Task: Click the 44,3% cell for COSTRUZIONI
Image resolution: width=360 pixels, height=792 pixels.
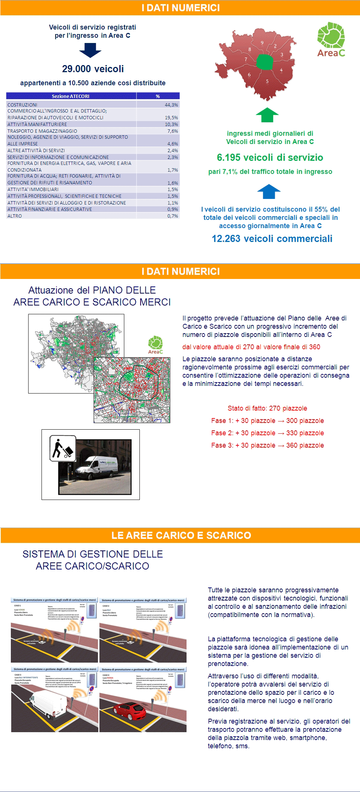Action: (x=171, y=105)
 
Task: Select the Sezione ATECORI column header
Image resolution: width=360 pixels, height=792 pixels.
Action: (x=71, y=96)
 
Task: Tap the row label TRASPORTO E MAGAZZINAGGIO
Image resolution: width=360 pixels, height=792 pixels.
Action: (x=42, y=131)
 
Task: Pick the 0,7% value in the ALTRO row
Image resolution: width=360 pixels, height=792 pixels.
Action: (x=172, y=216)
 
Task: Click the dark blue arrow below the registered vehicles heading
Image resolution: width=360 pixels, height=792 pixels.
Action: (x=90, y=50)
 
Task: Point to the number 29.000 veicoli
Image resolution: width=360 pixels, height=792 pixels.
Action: (x=93, y=69)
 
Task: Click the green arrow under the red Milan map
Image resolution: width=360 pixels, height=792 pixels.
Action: (x=267, y=115)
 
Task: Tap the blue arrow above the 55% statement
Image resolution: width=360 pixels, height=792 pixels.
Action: (x=269, y=191)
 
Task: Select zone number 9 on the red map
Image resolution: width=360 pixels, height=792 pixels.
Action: (x=262, y=43)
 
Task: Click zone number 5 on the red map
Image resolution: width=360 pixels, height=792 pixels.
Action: (x=267, y=81)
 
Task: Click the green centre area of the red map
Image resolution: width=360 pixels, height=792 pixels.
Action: (x=265, y=62)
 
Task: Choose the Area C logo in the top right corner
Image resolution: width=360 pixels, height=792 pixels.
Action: (x=331, y=40)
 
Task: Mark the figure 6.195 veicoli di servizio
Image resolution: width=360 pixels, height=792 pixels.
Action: (x=270, y=157)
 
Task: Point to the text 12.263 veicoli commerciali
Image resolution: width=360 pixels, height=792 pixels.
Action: (x=272, y=239)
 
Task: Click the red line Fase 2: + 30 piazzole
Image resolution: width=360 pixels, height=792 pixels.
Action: (x=267, y=433)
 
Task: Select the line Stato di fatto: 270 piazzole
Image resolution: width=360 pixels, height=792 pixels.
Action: (x=267, y=408)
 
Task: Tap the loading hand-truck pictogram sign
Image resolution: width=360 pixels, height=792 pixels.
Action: (x=62, y=448)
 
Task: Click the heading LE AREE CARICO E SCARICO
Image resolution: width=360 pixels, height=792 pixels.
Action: (x=181, y=535)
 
